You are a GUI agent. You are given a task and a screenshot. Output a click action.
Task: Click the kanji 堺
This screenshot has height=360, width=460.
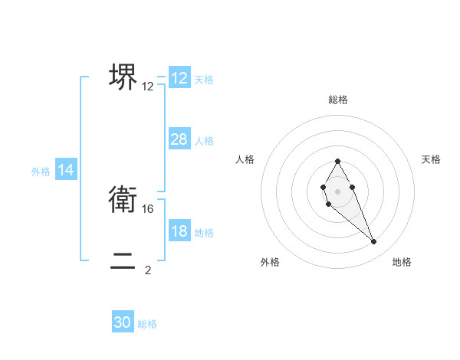coord(123,77)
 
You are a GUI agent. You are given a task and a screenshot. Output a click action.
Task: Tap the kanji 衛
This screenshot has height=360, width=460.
coord(123,201)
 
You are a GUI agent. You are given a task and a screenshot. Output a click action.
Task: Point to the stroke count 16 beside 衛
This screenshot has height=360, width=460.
coord(149,208)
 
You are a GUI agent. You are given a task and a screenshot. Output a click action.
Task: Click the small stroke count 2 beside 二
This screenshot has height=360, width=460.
coord(148,270)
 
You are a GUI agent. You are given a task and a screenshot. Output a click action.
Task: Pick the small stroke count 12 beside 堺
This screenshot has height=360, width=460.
coord(148,87)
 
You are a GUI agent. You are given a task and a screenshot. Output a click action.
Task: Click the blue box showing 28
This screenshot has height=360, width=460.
coord(179,139)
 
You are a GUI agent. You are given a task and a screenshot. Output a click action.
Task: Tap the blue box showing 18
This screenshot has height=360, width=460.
coord(179,231)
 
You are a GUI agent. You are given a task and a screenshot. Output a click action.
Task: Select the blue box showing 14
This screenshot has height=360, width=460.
coord(66,171)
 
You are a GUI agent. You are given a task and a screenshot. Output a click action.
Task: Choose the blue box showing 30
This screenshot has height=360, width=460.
coord(123,322)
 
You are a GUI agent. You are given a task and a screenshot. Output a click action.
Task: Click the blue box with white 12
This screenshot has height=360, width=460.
coord(179,78)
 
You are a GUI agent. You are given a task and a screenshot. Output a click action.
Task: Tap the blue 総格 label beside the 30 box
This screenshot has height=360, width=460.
coord(147,324)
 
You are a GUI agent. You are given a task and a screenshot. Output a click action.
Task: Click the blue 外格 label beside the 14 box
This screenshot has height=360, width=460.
coord(41,172)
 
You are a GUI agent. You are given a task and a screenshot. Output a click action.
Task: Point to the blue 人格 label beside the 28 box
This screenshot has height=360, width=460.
coord(204,141)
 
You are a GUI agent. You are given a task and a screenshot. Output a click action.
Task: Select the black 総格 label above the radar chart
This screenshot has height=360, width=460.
coord(337,100)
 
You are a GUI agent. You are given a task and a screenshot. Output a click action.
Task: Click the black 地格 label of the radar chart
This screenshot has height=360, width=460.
coord(402,263)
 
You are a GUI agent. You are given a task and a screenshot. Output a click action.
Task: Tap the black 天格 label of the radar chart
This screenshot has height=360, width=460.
coord(432,159)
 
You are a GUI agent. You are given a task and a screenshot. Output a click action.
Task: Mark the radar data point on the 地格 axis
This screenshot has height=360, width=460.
coord(374,242)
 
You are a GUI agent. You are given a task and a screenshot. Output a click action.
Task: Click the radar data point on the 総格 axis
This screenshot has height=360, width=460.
coord(337,162)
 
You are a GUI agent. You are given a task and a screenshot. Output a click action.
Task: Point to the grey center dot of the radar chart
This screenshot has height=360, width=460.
coord(337,191)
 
